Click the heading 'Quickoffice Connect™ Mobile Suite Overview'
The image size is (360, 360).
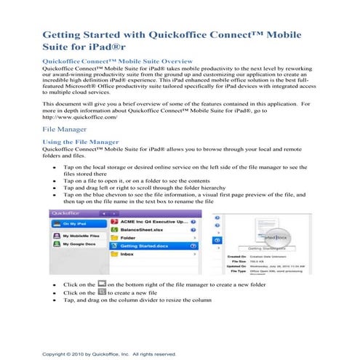click(117, 63)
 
